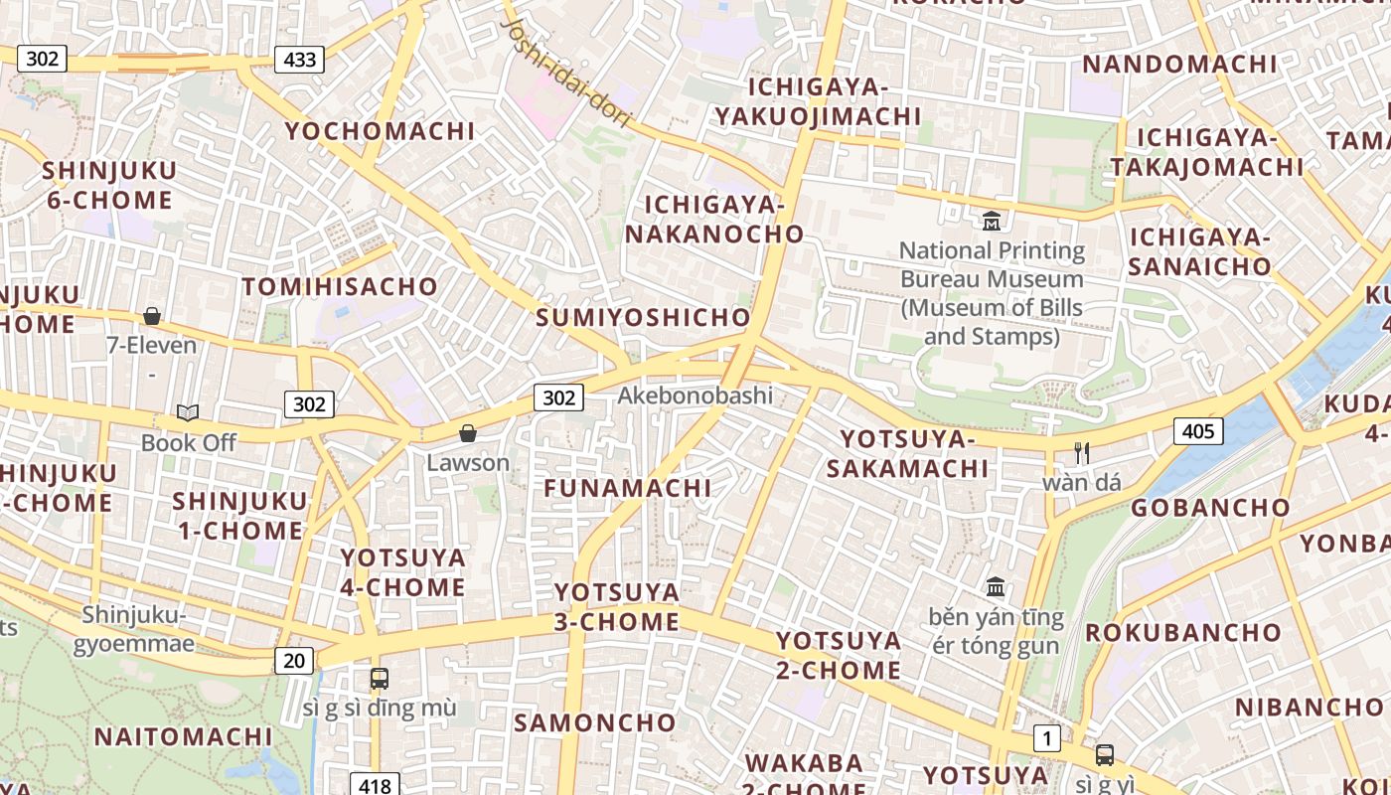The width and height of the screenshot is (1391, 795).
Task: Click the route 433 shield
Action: (300, 60)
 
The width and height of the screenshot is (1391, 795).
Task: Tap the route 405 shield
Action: (1198, 431)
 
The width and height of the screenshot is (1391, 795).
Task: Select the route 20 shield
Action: (294, 660)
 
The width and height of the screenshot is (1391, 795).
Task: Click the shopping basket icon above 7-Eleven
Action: (152, 316)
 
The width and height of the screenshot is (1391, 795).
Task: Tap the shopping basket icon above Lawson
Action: (468, 433)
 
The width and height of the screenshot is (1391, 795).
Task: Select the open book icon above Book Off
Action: (188, 412)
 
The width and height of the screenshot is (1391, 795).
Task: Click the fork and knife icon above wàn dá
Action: (1082, 453)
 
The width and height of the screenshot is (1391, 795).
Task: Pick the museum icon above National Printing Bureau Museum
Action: (991, 221)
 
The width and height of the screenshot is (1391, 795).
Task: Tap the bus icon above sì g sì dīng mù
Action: (380, 679)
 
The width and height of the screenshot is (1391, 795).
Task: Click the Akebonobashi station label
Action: (695, 396)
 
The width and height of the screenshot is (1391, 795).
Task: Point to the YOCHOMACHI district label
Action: (380, 131)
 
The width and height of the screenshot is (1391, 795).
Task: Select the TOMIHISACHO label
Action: (340, 287)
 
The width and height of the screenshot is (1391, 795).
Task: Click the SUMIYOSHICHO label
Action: (643, 318)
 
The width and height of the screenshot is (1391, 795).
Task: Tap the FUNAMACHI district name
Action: (627, 488)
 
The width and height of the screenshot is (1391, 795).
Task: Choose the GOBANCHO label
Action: (1210, 508)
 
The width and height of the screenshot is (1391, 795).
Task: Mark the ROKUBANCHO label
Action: (1182, 633)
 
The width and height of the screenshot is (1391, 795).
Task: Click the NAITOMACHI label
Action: (183, 736)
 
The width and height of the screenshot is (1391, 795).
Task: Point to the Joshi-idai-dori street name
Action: (567, 72)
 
